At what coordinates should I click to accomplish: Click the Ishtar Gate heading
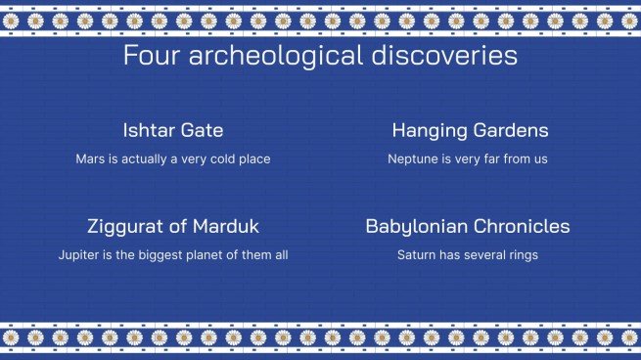[x=173, y=130]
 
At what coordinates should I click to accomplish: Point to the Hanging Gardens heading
[x=470, y=130]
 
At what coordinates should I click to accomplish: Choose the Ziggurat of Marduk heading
[x=173, y=227]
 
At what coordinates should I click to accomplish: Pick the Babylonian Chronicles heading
[x=468, y=227]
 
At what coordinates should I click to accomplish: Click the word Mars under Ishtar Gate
[x=90, y=158]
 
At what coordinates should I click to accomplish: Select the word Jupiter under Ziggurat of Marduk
[x=79, y=255]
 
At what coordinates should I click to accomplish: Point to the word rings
[x=522, y=255]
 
